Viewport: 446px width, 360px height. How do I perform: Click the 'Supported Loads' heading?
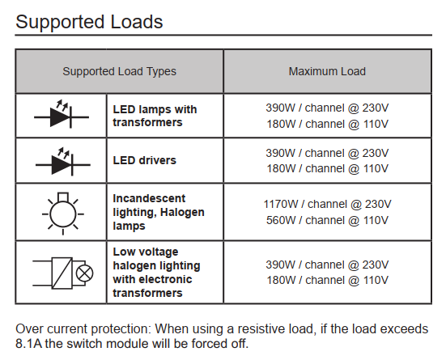[x=89, y=22]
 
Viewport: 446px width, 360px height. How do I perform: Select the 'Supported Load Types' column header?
[x=119, y=71]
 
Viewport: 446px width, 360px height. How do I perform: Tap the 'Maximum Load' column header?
[x=327, y=71]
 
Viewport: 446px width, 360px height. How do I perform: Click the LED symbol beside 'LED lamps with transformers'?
[x=62, y=114]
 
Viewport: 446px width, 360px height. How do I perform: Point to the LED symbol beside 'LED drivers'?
[x=63, y=162]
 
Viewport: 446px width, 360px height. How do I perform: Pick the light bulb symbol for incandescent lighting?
[x=63, y=214]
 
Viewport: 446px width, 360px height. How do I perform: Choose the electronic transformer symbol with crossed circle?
[x=63, y=273]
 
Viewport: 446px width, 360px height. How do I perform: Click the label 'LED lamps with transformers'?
[x=155, y=116]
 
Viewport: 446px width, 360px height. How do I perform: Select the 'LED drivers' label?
[x=145, y=160]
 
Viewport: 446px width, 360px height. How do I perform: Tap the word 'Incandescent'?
[x=149, y=198]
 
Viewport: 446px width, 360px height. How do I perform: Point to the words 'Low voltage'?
[x=146, y=252]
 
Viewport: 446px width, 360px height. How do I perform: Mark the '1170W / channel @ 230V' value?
[x=327, y=204]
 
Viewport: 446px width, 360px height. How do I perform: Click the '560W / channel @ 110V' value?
[x=327, y=220]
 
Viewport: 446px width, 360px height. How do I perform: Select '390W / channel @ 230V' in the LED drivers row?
[x=327, y=153]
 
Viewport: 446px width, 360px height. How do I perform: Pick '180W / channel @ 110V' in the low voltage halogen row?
[x=327, y=280]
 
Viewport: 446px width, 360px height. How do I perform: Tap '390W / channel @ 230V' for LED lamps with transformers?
[x=327, y=108]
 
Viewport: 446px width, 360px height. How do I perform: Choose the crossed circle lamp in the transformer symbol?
[x=84, y=273]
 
